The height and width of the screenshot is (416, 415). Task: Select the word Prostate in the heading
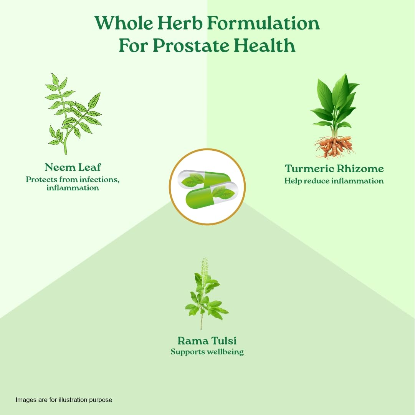point(191,46)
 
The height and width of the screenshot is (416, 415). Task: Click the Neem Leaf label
point(73,167)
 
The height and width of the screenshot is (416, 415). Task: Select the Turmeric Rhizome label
point(334,169)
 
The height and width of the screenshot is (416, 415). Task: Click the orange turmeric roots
point(334,147)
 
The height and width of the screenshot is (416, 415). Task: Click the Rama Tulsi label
point(207,341)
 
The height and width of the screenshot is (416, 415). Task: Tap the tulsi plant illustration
point(207,293)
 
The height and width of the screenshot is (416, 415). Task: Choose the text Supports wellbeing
point(207,352)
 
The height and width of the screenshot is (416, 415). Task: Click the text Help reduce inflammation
point(334,181)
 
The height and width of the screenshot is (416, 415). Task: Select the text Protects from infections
point(73,180)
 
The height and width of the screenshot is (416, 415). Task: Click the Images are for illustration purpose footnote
point(64,400)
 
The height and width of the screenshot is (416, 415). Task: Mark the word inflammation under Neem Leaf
point(73,188)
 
